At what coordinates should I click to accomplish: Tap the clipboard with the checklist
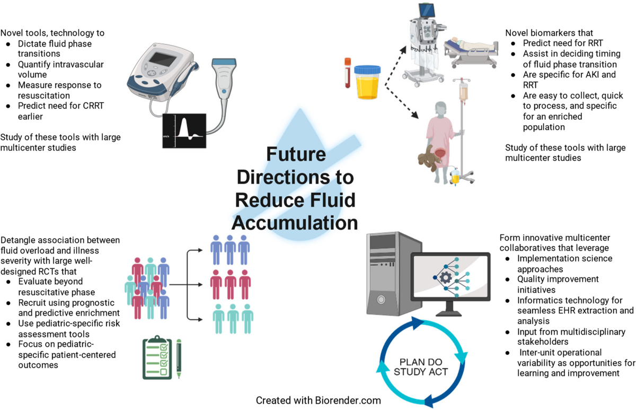click(x=158, y=359)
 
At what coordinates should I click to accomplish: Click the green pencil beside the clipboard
click(x=179, y=359)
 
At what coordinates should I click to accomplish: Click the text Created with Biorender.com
click(x=318, y=399)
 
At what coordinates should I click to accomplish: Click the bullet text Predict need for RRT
click(x=563, y=43)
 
